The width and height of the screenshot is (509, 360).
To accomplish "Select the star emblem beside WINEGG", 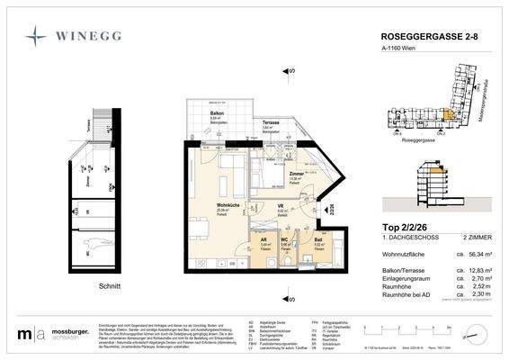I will click(x=37, y=37).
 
